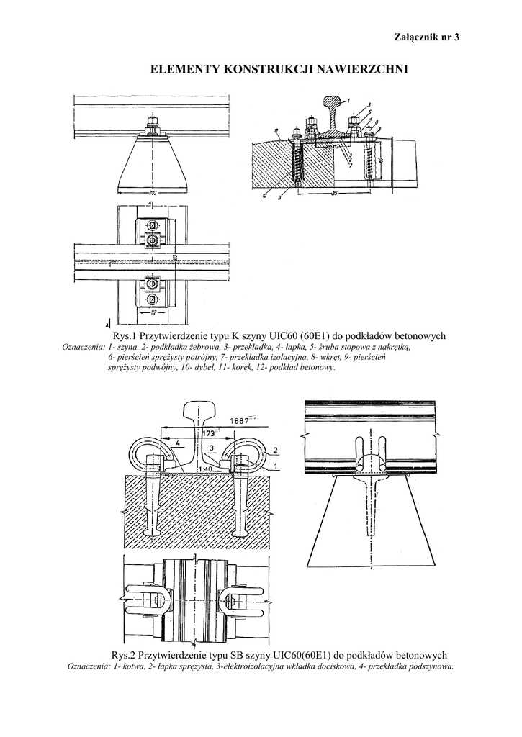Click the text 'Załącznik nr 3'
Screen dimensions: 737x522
[426, 37]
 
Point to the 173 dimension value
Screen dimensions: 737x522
[210, 433]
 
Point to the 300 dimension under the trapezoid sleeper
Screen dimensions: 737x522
[152, 194]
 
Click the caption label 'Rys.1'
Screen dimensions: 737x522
[125, 336]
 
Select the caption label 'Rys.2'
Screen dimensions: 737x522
[125, 655]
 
